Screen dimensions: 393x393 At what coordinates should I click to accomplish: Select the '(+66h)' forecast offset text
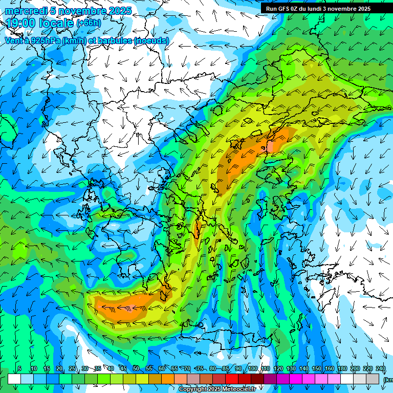pos(89,24)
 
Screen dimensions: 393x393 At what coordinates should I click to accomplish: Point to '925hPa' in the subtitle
pos(45,40)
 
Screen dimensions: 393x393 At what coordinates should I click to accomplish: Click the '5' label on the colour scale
pos(19,369)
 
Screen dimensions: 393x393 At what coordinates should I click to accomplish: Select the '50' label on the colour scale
pos(136,369)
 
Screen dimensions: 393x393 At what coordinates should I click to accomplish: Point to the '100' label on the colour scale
pos(252,369)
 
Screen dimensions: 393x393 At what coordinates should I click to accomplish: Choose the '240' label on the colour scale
pos(381,369)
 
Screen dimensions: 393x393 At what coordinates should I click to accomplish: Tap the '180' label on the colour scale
pos(342,369)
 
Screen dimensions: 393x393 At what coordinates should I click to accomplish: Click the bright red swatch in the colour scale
pos(232,379)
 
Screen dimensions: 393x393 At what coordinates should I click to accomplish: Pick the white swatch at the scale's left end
pos(14,379)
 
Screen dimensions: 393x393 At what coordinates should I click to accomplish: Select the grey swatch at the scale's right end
pos(374,379)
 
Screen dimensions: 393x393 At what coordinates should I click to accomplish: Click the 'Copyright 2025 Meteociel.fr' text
pos(217,389)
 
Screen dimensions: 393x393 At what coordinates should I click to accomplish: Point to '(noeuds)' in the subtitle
pos(151,40)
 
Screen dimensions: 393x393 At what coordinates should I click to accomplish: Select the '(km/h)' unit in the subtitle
pos(74,40)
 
